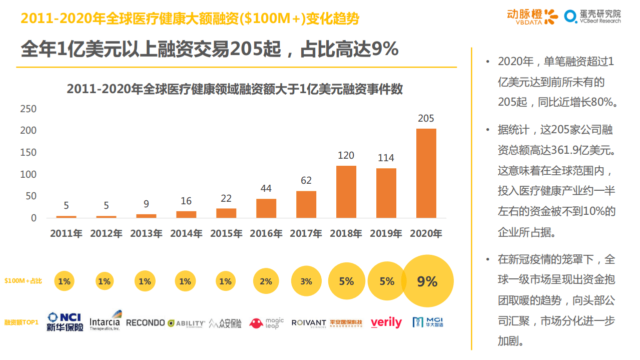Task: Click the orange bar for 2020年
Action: [426, 173]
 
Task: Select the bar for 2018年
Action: [346, 192]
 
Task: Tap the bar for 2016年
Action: [266, 208]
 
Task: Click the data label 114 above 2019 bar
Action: [386, 158]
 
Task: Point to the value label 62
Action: [306, 180]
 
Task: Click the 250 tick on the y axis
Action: [28, 109]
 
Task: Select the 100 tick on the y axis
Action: [28, 174]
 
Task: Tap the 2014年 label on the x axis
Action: [186, 233]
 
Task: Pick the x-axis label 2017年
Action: [306, 233]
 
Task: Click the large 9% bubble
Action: [427, 281]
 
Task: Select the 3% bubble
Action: [306, 281]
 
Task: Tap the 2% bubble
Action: [266, 281]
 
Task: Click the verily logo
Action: [386, 323]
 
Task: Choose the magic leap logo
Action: [266, 323]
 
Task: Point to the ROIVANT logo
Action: [309, 323]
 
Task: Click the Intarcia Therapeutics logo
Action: [105, 321]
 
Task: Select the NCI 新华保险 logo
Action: [65, 322]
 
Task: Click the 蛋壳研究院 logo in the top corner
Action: [592, 16]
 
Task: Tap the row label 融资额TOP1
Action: [22, 322]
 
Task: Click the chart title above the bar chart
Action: [235, 89]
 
